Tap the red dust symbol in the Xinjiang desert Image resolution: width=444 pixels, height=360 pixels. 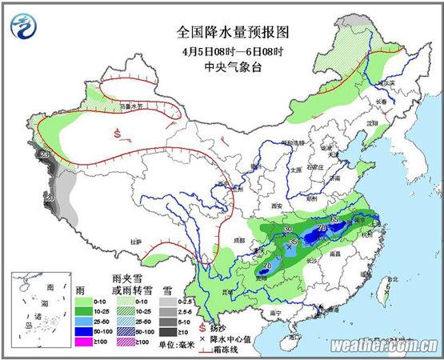tap(118, 132)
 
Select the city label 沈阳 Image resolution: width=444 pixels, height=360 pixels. tap(370, 125)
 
